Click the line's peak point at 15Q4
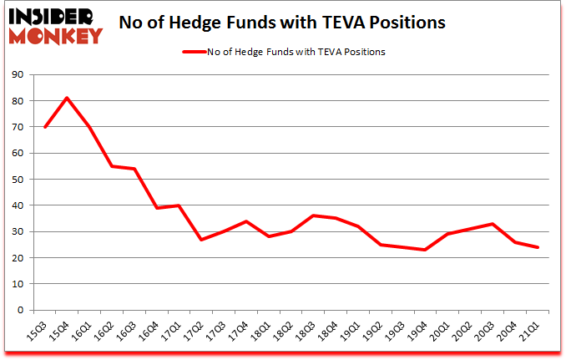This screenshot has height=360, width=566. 67,98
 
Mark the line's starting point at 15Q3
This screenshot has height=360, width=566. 44,127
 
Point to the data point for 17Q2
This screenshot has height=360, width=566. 200,240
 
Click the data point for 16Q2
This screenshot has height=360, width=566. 111,166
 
